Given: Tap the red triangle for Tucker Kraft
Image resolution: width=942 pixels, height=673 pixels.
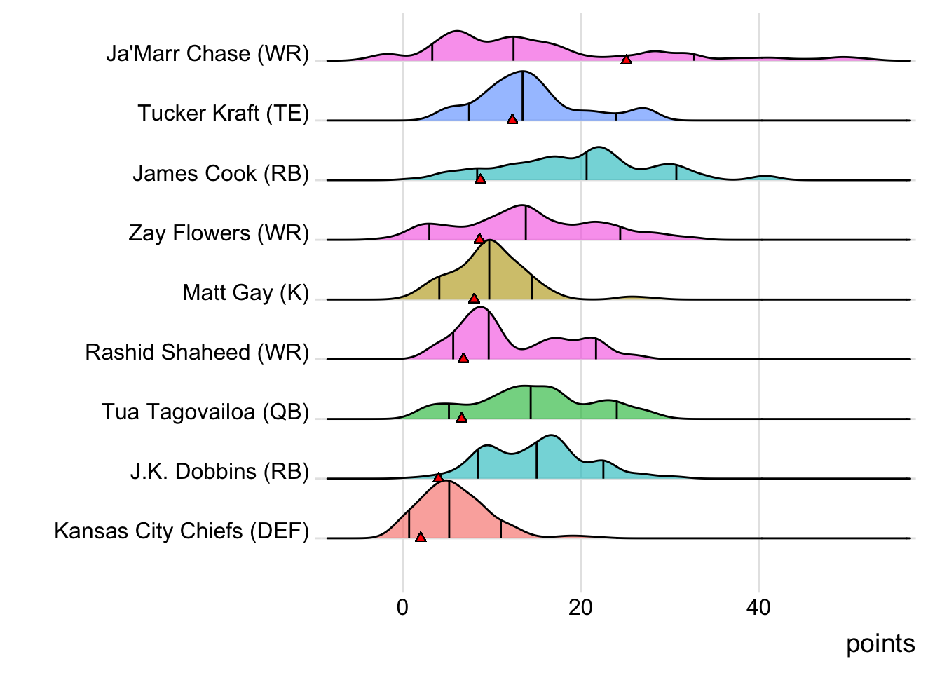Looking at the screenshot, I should (512, 120).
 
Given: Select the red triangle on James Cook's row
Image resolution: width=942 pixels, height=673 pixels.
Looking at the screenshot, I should (480, 179).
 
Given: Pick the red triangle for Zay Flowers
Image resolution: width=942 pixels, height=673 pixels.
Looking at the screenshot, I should (479, 239).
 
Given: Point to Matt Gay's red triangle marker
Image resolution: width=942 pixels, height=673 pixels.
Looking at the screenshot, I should (474, 299).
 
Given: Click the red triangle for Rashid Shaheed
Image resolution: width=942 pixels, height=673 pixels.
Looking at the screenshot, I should (463, 358).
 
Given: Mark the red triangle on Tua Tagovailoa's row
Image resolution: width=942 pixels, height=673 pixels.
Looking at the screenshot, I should (461, 418).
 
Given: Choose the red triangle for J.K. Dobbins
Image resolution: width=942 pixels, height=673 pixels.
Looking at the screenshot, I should (439, 477).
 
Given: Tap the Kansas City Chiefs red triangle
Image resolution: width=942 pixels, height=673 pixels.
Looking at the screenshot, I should (421, 537).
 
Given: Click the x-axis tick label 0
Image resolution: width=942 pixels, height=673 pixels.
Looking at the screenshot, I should (402, 607).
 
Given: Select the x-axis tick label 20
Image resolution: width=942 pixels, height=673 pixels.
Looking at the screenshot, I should (580, 607).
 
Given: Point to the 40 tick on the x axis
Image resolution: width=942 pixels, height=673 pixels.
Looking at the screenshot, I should (758, 607).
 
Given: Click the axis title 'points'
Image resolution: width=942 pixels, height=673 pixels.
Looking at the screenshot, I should (880, 644).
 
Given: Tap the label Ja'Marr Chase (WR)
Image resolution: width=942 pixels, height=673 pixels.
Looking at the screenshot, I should (207, 54).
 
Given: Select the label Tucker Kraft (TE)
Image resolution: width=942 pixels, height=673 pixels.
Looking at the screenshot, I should (223, 114).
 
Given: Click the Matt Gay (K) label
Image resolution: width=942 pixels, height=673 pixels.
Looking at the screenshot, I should (245, 292).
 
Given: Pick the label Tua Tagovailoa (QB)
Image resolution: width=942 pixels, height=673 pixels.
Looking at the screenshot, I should (205, 412).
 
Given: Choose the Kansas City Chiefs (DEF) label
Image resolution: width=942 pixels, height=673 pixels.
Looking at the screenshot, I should (182, 531).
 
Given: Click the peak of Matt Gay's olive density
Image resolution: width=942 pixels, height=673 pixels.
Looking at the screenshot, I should (489, 241).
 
